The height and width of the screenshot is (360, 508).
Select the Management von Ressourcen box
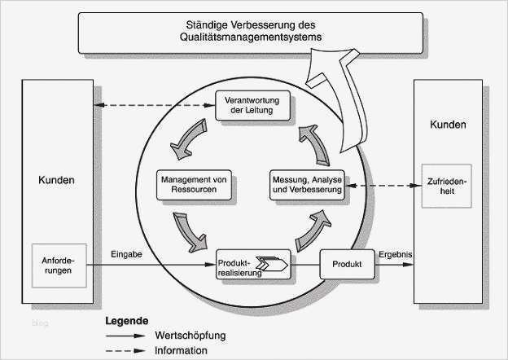[x=194, y=184]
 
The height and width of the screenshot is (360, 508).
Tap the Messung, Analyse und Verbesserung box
[x=308, y=184]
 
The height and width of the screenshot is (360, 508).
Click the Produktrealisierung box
[x=252, y=266]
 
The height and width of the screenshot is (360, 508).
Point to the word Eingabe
[x=126, y=255]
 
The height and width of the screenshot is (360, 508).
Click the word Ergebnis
[x=396, y=254]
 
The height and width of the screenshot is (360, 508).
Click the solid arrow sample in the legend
[x=125, y=335]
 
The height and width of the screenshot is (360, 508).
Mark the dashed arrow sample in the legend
[x=125, y=350]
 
